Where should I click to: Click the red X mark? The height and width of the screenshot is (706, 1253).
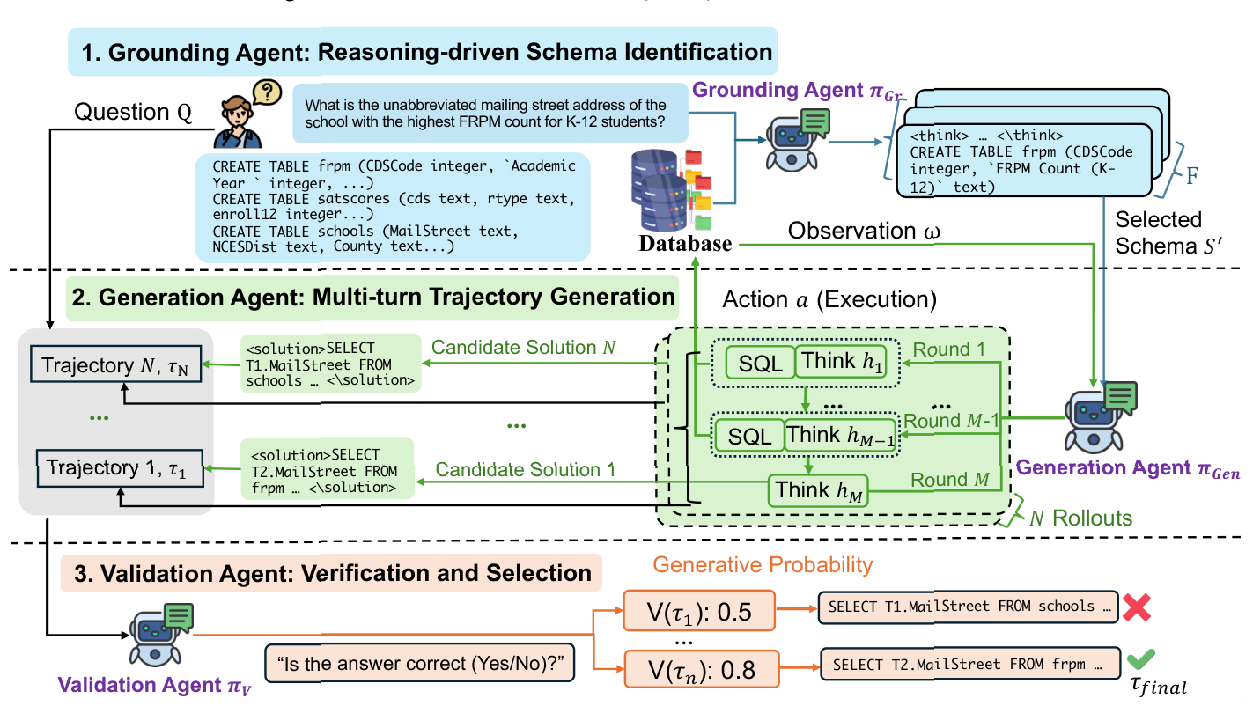tap(1137, 607)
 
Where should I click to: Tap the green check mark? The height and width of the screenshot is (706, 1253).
tap(1145, 659)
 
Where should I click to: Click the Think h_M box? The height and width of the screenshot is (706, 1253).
tap(818, 490)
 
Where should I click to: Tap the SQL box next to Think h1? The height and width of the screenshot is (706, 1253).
tap(759, 363)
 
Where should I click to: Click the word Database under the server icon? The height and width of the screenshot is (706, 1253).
tap(686, 243)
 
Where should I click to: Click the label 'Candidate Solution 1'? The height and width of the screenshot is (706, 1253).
tap(525, 469)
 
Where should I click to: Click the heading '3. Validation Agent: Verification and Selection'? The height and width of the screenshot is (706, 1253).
tap(331, 573)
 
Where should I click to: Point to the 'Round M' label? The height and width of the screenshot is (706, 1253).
tap(950, 480)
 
